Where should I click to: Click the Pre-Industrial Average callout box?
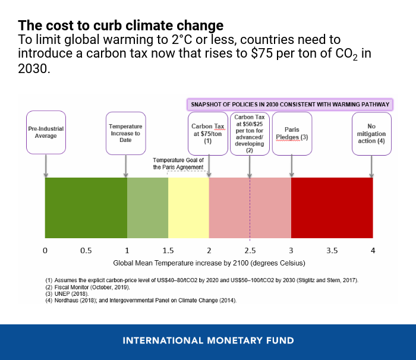tap(46, 132)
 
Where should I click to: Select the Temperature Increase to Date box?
tap(125, 133)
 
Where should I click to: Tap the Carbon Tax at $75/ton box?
tap(207, 133)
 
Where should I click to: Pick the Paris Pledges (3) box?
tap(291, 133)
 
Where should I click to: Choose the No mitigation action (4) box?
tap(371, 133)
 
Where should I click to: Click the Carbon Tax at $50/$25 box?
tap(250, 133)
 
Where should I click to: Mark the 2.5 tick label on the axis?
tap(250, 251)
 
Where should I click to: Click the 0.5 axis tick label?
tap(86, 251)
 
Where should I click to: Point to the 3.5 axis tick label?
tap(332, 251)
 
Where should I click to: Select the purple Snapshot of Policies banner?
tap(290, 104)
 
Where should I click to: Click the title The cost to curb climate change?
tap(121, 26)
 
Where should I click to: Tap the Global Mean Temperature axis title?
tap(209, 262)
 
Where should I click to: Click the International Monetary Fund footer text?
tap(208, 341)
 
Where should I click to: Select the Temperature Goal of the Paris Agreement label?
tap(178, 163)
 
